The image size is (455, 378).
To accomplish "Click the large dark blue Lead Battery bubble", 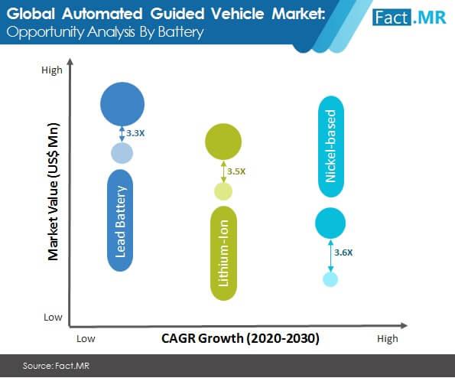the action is pyautogui.click(x=122, y=104).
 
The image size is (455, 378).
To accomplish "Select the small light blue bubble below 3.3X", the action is pyautogui.click(x=122, y=153).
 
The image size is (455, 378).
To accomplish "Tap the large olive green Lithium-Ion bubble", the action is pyautogui.click(x=223, y=142).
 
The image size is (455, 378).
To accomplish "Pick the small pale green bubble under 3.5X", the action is pyautogui.click(x=223, y=191).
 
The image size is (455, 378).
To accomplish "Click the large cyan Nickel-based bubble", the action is pyautogui.click(x=330, y=223).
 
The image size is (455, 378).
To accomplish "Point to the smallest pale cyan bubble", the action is pyautogui.click(x=330, y=279).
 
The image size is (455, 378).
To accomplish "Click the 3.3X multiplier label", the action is pyautogui.click(x=135, y=133).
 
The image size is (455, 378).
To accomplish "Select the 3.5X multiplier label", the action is pyautogui.click(x=236, y=171).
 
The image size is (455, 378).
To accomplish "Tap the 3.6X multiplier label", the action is pyautogui.click(x=343, y=253).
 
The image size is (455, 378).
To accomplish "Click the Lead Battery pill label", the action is pyautogui.click(x=120, y=220).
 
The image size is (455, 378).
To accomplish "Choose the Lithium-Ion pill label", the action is pyautogui.click(x=223, y=253).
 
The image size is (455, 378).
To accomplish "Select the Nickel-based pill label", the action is pyautogui.click(x=331, y=147).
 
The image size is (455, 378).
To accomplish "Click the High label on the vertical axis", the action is pyautogui.click(x=52, y=70).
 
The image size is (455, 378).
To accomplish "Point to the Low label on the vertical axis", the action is pyautogui.click(x=53, y=317).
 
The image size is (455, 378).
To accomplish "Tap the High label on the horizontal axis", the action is pyautogui.click(x=388, y=339).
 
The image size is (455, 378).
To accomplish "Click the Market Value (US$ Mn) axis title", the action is pyautogui.click(x=54, y=191).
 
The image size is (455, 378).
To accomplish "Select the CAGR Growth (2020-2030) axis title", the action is pyautogui.click(x=240, y=338).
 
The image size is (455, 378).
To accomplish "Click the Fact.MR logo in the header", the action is pyautogui.click(x=409, y=18).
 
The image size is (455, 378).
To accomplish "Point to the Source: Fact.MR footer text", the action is pyautogui.click(x=56, y=366).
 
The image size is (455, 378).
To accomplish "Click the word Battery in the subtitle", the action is pyautogui.click(x=180, y=32).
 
